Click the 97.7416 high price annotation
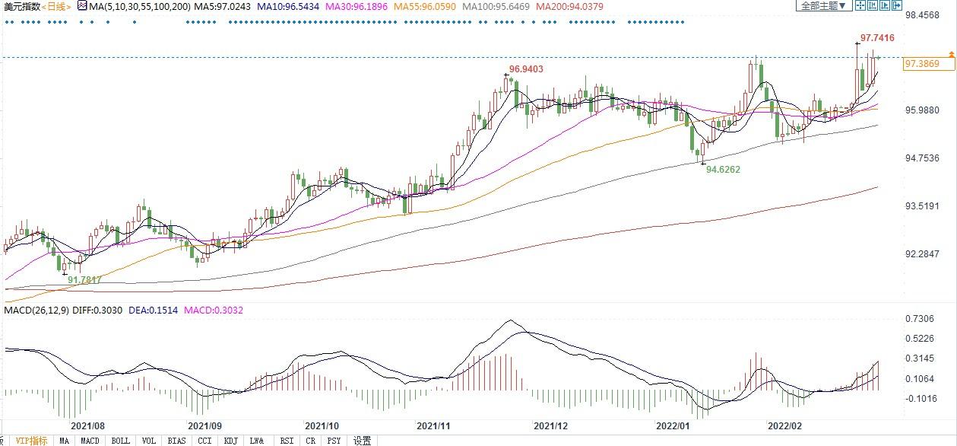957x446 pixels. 876,37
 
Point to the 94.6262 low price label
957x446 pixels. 722,170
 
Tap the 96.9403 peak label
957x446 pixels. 526,68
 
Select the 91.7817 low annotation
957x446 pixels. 85,280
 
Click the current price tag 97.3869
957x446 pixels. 922,63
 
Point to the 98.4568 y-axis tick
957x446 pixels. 925,14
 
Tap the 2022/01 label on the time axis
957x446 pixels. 670,426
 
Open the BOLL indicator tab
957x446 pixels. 120,441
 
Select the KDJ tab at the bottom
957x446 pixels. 231,441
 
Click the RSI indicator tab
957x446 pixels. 287,441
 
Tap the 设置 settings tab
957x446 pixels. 363,441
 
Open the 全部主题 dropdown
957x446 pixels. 824,6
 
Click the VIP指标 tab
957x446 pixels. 31,441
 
